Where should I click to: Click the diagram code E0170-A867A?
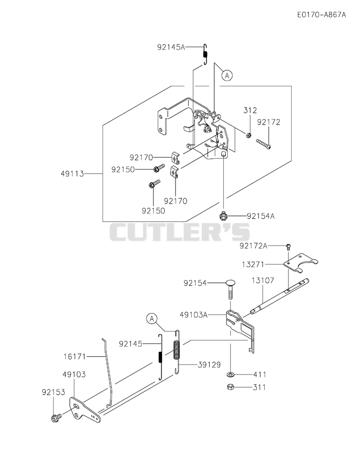[321, 14]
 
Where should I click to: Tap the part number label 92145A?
[171, 47]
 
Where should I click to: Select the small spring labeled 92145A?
[205, 54]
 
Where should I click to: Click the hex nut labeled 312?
[249, 135]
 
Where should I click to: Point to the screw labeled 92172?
[264, 143]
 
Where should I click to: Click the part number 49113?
[72, 174]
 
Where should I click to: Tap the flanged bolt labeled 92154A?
[223, 216]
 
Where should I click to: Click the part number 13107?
[263, 280]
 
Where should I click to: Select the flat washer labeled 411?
[230, 375]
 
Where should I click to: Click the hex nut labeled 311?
[230, 387]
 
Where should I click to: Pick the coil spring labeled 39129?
[177, 352]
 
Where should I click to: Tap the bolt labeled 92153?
[56, 417]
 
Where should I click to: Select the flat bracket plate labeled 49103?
[85, 410]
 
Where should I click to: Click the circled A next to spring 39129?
[152, 319]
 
